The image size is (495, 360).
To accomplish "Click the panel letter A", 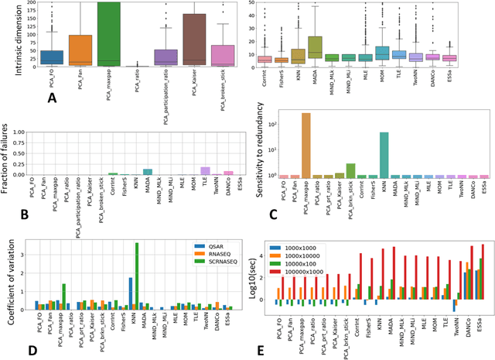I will [x=53, y=99].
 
